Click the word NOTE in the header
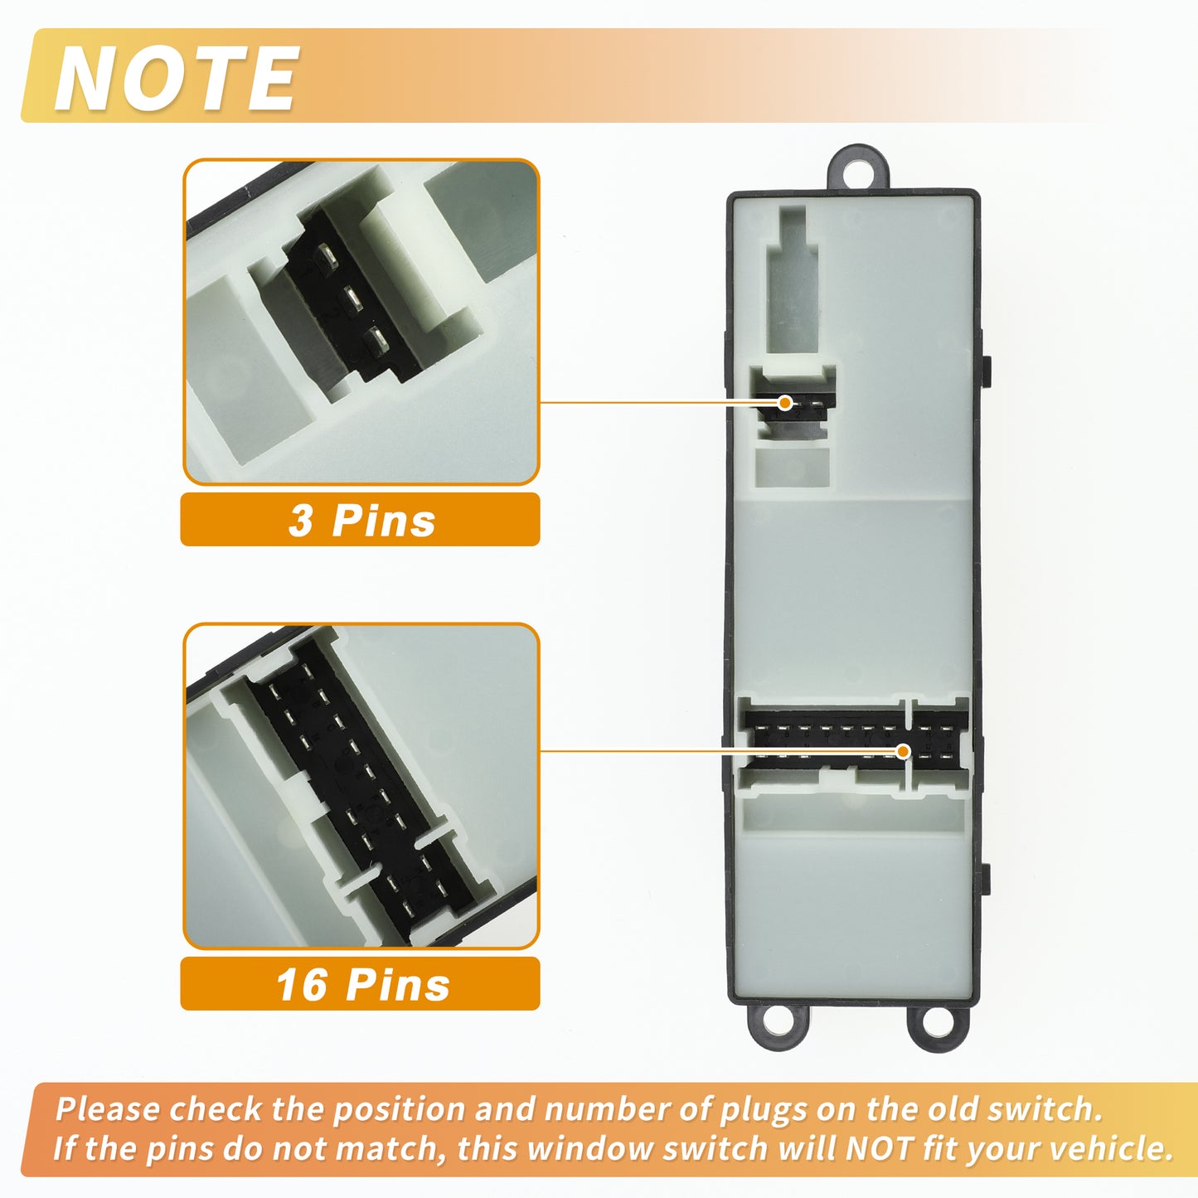click(177, 78)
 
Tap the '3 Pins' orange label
click(360, 520)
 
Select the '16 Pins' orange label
click(360, 985)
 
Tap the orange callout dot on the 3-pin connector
click(785, 403)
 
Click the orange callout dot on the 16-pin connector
click(904, 752)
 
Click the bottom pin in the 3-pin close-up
click(376, 341)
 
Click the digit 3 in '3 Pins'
click(300, 521)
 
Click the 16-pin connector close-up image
click(361, 786)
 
